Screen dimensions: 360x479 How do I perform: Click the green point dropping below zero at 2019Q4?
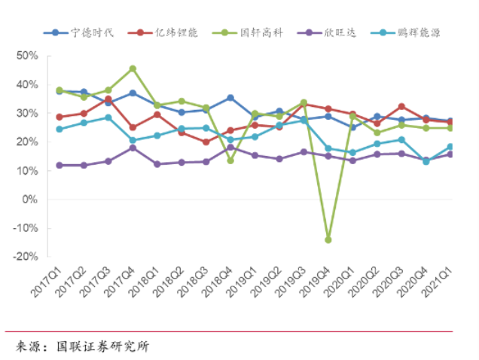coord(328,239)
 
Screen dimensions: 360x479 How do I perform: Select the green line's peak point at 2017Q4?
coord(133,69)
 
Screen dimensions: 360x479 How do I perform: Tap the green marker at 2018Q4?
coord(230,160)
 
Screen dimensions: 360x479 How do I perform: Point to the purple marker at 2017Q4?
coord(133,148)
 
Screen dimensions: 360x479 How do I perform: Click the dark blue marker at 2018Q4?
coord(230,98)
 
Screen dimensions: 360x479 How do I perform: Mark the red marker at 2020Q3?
coord(401,106)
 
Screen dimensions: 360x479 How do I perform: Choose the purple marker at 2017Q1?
coord(59,165)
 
